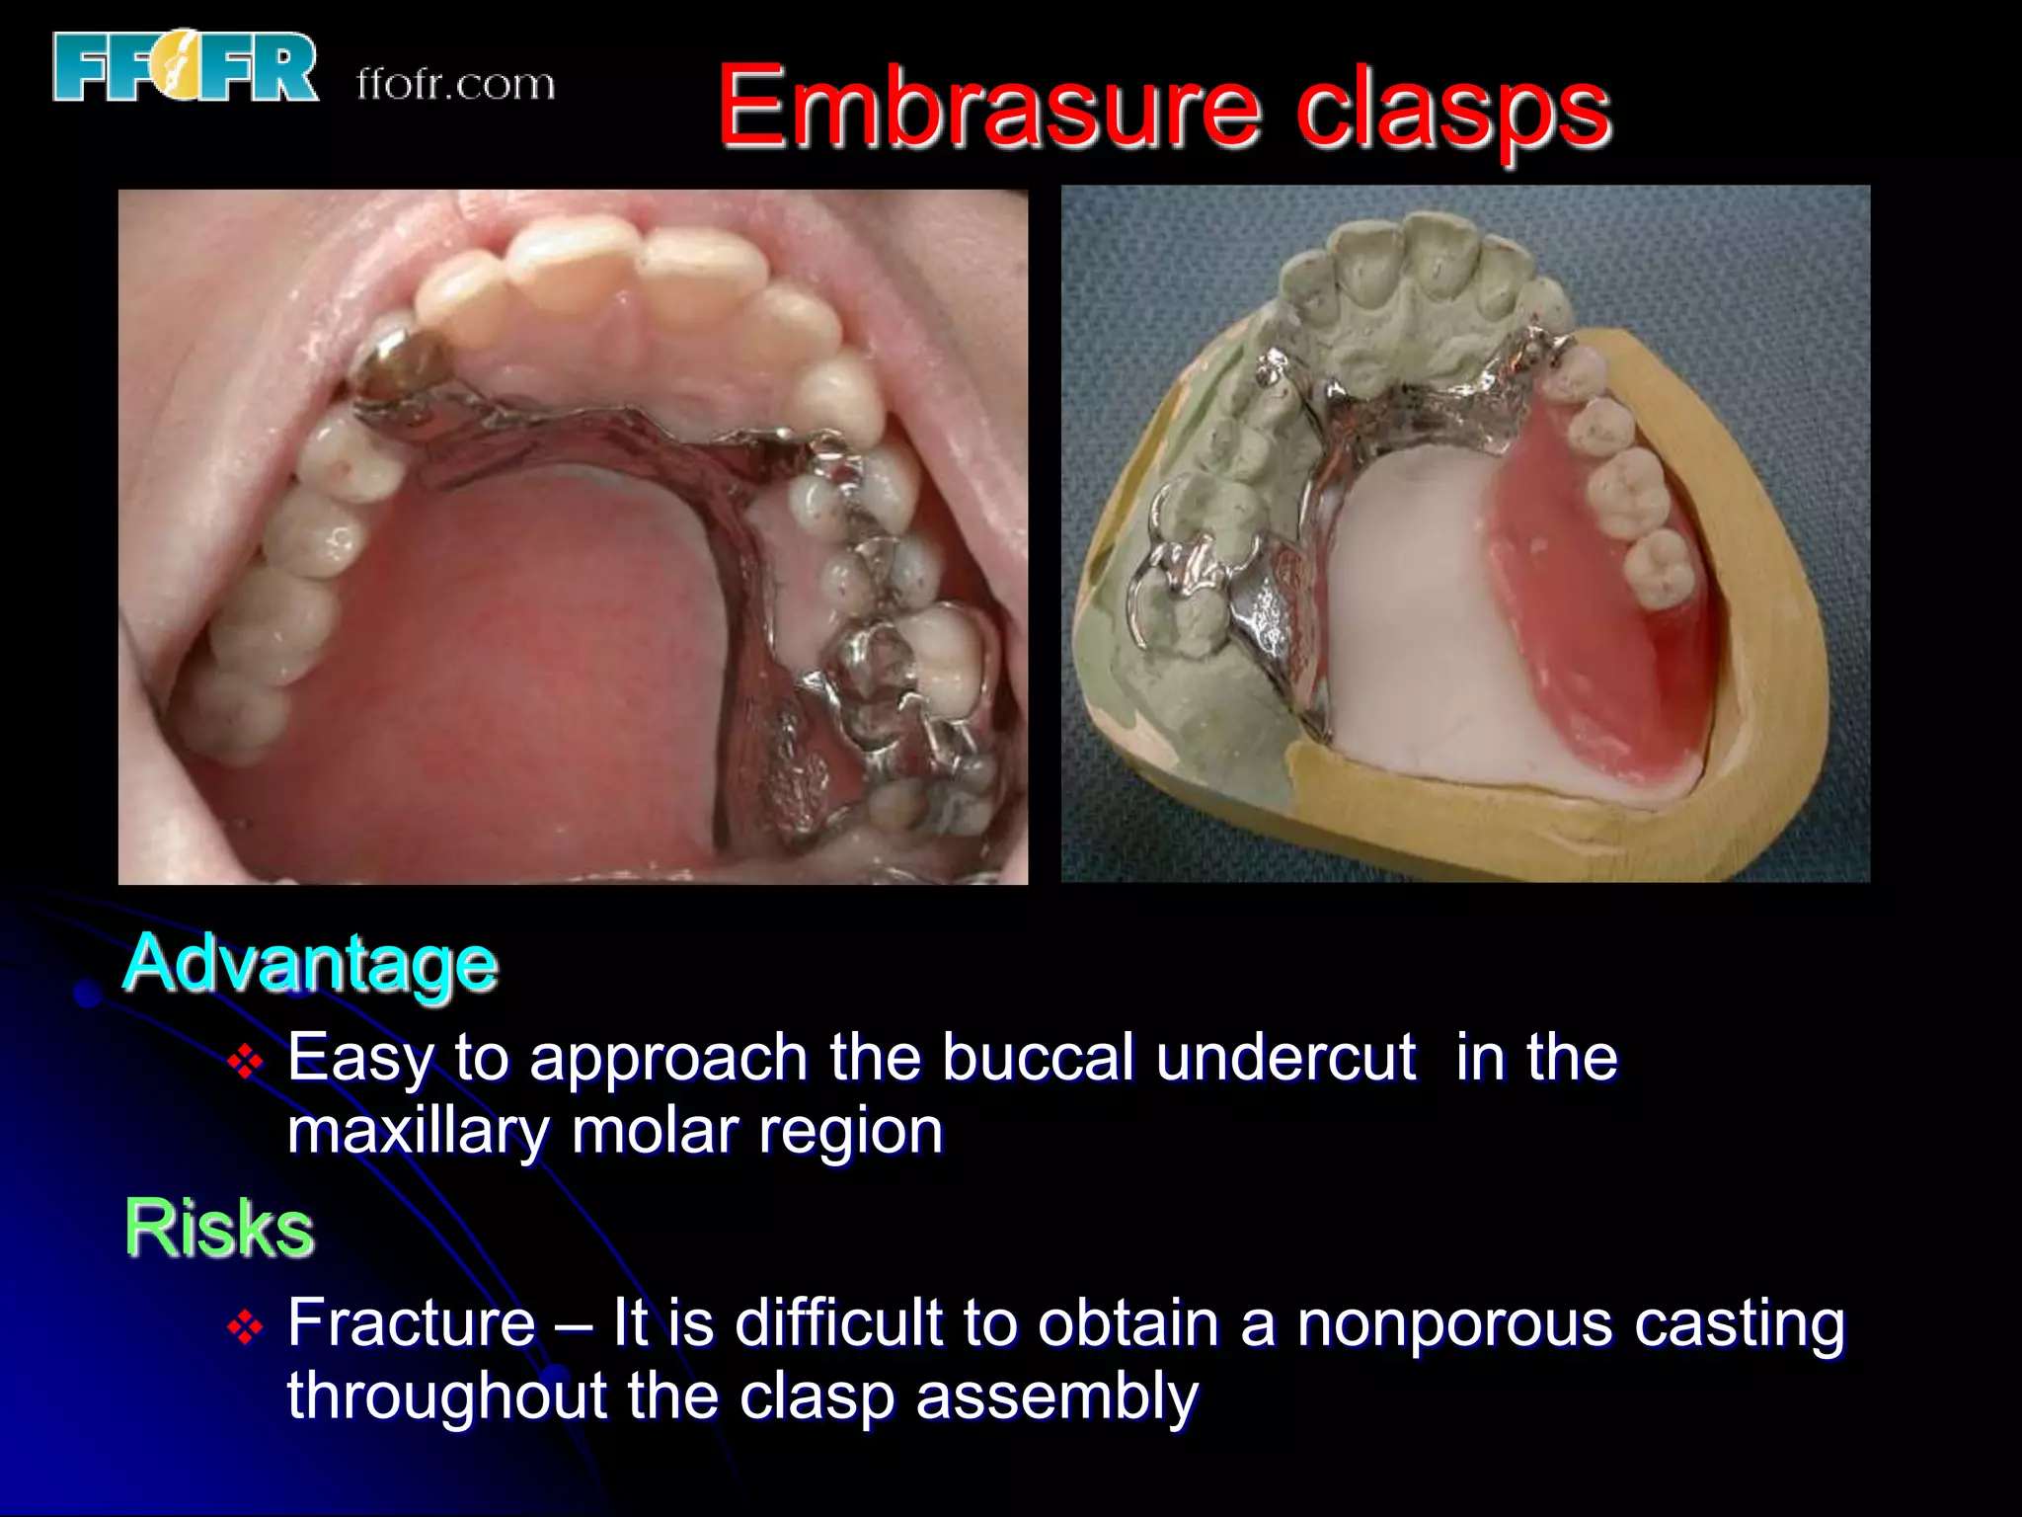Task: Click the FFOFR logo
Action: [x=186, y=67]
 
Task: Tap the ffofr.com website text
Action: [x=455, y=85]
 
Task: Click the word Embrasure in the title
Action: [x=988, y=107]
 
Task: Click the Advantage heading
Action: [x=310, y=963]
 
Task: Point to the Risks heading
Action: [x=219, y=1228]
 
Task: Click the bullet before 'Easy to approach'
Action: [x=245, y=1063]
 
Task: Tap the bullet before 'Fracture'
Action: [x=245, y=1327]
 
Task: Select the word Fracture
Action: [x=411, y=1322]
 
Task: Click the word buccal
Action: [x=1038, y=1058]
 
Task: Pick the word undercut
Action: [x=1286, y=1058]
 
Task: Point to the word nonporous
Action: [x=1454, y=1322]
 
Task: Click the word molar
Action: [x=654, y=1130]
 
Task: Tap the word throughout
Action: [x=446, y=1397]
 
